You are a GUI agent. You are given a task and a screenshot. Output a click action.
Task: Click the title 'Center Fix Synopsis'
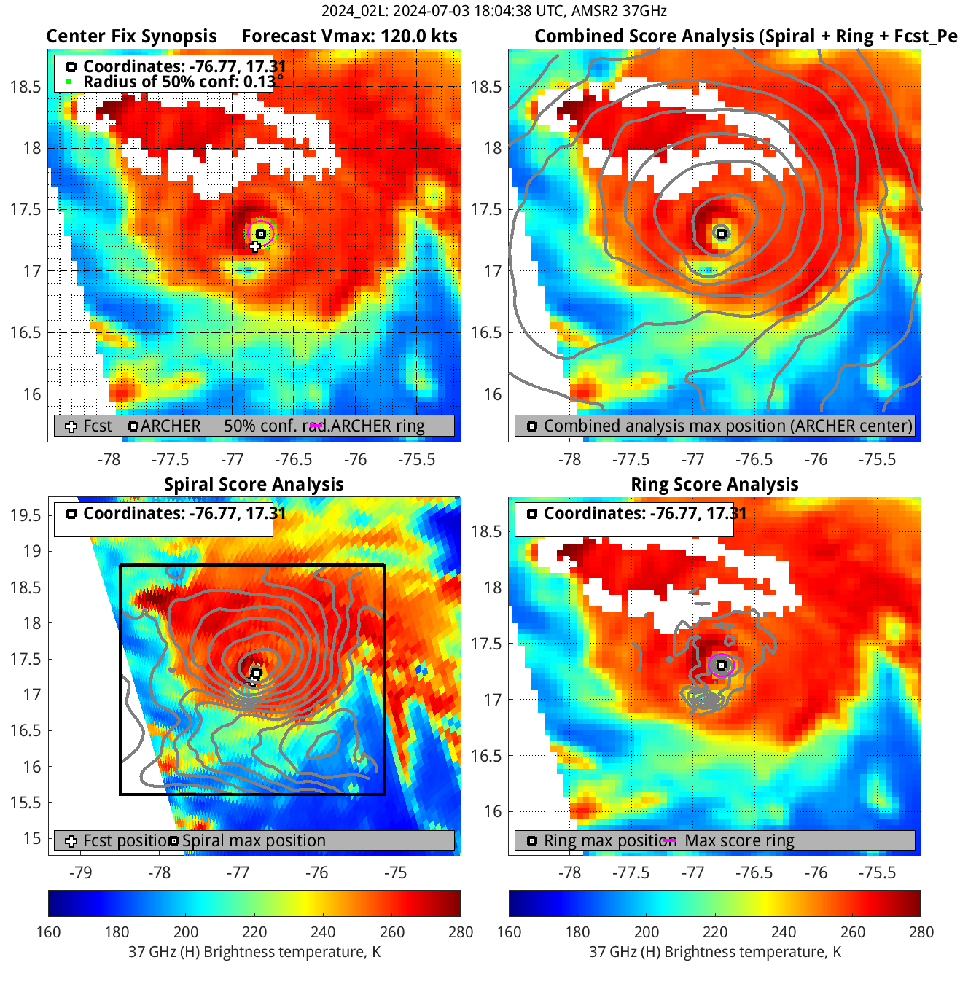131,36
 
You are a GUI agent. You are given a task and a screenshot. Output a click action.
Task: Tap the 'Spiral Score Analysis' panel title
254,485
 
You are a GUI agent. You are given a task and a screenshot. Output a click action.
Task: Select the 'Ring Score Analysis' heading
714,485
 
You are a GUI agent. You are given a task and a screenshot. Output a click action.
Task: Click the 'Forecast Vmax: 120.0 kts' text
349,36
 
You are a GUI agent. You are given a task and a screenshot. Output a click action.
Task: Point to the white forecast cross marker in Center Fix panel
254,246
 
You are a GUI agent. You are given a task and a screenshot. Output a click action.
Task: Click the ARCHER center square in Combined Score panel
722,234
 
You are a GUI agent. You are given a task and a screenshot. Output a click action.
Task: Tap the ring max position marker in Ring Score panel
722,665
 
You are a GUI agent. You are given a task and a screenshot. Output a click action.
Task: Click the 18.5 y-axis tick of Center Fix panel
26,87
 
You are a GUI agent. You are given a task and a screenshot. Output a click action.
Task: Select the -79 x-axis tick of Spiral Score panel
80,872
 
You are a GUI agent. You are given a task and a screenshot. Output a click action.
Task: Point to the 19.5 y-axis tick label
26,515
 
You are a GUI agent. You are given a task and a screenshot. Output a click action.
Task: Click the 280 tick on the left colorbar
461,932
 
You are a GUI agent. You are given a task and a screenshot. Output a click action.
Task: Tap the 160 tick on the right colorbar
509,932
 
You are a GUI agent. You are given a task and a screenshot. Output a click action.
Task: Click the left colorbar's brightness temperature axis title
254,952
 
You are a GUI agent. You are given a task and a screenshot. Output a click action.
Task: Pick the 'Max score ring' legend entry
739,840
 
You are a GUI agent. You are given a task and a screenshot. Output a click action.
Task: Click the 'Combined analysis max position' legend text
727,426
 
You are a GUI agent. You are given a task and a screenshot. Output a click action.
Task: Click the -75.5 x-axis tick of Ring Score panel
877,872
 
